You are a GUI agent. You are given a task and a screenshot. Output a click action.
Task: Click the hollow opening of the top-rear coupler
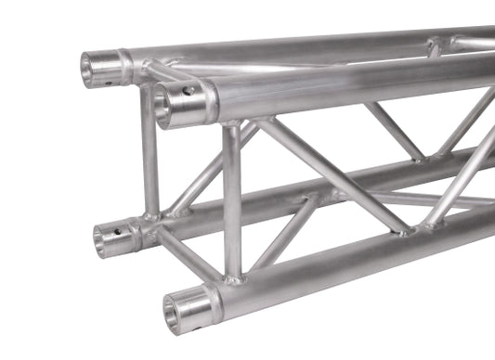(94, 70)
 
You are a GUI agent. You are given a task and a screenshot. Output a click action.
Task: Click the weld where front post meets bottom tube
(234, 276)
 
